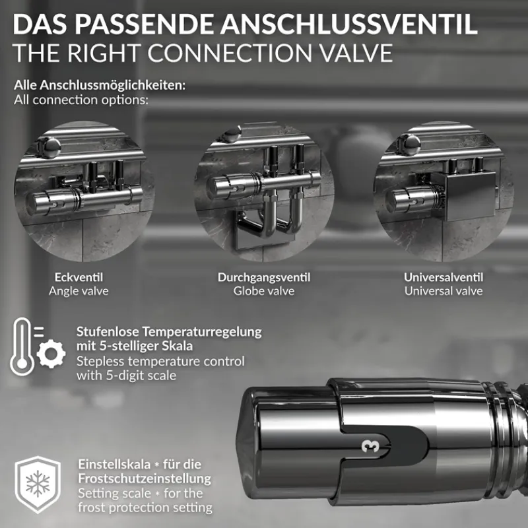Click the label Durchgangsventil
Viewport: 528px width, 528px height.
coord(264,278)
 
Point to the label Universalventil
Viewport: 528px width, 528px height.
coord(444,278)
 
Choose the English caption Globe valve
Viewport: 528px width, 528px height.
coord(264,291)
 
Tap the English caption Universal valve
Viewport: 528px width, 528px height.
coord(444,291)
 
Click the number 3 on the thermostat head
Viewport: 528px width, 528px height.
coord(366,445)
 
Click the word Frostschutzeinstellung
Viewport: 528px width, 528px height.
coord(145,478)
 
